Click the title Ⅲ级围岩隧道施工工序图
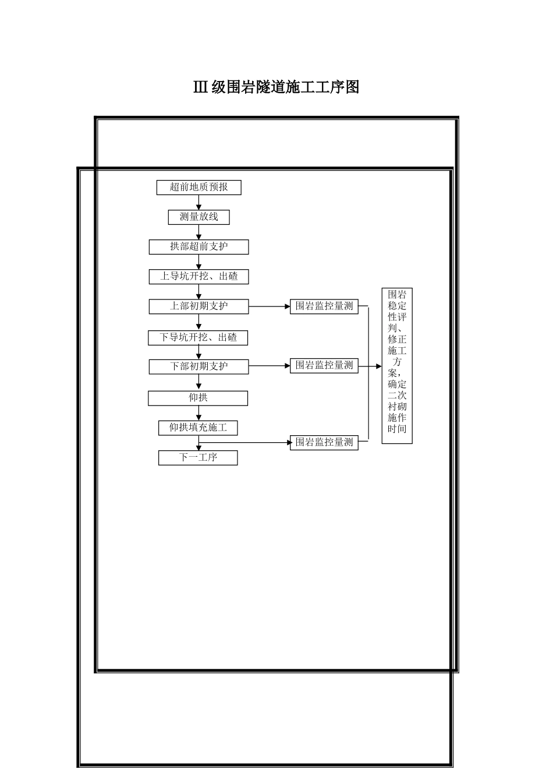pos(276,87)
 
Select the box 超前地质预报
pos(198,188)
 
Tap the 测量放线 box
pos(198,217)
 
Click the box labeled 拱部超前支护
pos(198,247)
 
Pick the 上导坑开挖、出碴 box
pos(198,277)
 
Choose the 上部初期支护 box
pos(198,306)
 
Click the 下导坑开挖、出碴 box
pos(198,338)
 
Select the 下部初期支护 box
pos(198,366)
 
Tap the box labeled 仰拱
pos(198,398)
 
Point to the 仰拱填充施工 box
pos(198,428)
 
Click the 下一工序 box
pos(198,458)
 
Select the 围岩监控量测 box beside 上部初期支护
pos(324,306)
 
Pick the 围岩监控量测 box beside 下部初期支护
pos(324,366)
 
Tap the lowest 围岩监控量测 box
pos(324,443)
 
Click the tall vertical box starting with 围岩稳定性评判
pos(397,366)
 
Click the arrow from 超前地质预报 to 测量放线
pos(198,202)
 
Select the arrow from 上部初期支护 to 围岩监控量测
pos(269,306)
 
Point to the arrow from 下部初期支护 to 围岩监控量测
pos(269,366)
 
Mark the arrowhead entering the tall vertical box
pos(378,366)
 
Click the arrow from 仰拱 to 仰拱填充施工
pos(198,414)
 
